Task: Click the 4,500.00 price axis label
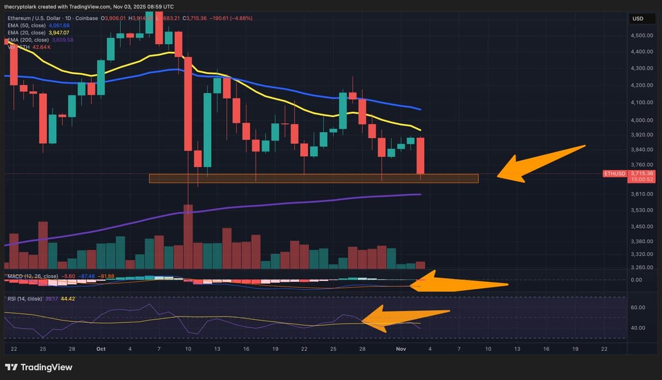pyautogui.click(x=642, y=36)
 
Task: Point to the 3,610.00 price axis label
pyautogui.click(x=642, y=194)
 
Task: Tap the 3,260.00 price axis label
pyautogui.click(x=642, y=267)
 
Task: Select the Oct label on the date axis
pyautogui.click(x=100, y=349)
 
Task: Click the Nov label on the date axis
pyautogui.click(x=401, y=349)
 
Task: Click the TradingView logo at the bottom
pyautogui.click(x=39, y=367)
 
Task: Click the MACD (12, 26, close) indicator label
pyautogui.click(x=32, y=276)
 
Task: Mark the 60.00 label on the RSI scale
pyautogui.click(x=638, y=307)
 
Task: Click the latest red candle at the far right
pyautogui.click(x=420, y=156)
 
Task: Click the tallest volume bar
pyautogui.click(x=188, y=236)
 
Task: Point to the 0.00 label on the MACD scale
pyautogui.click(x=636, y=280)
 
